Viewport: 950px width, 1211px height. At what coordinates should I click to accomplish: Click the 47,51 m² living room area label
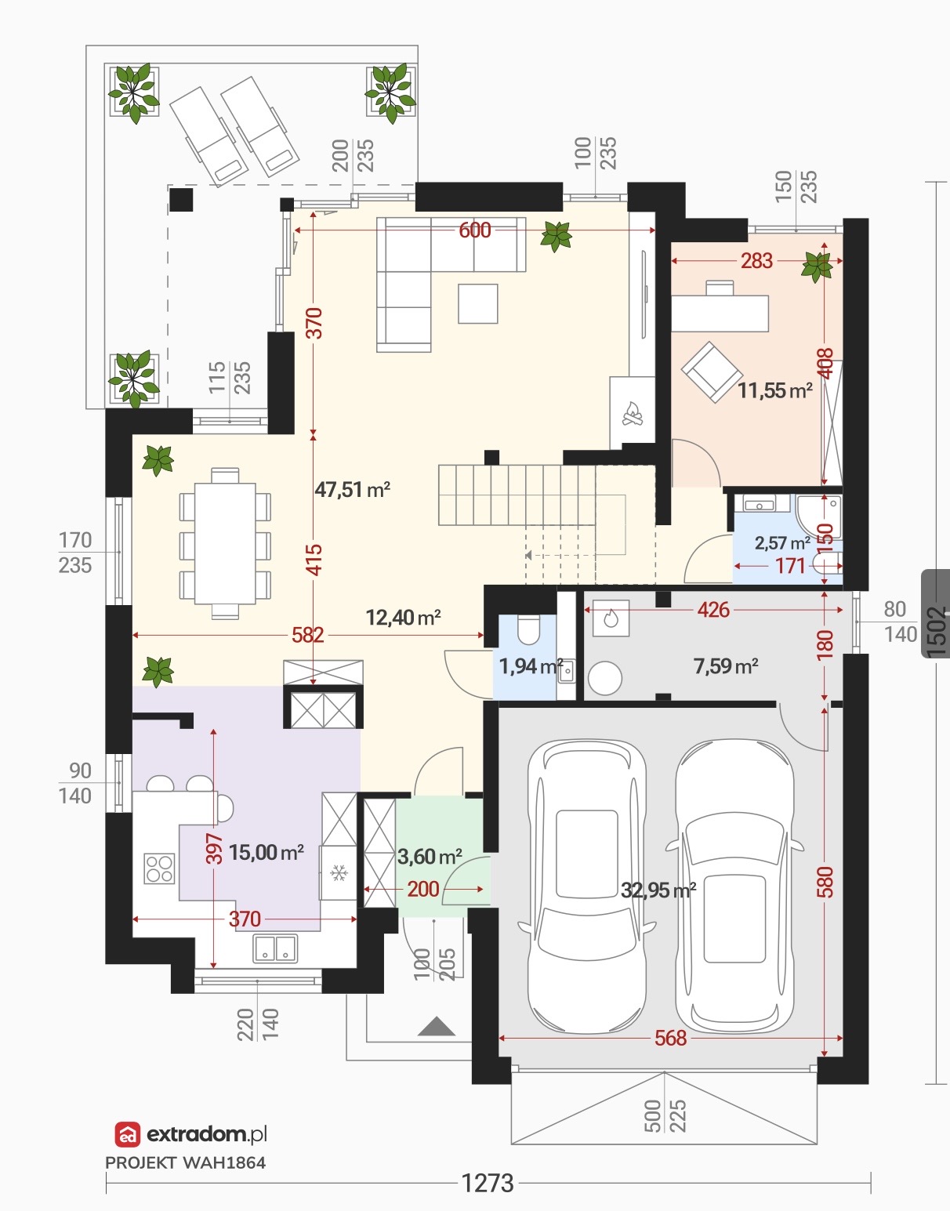click(x=352, y=490)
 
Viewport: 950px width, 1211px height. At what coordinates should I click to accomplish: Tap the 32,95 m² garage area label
click(x=658, y=890)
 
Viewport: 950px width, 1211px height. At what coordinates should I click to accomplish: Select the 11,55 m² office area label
click(x=775, y=390)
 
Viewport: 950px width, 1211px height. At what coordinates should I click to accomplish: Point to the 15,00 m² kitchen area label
click(x=267, y=852)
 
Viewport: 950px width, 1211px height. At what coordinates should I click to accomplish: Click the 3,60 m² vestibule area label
click(x=430, y=857)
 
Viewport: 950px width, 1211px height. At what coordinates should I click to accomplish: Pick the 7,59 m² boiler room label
click(x=726, y=666)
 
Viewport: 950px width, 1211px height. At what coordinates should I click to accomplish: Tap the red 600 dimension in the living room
click(x=475, y=230)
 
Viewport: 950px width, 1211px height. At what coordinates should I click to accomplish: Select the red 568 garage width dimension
click(x=670, y=1038)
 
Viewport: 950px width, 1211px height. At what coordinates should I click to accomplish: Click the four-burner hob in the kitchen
click(x=159, y=869)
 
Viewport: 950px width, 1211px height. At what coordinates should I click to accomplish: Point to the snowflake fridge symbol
click(x=339, y=872)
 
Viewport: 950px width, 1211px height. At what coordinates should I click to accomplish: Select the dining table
click(x=225, y=543)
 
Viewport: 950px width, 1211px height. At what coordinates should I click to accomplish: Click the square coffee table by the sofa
click(x=478, y=303)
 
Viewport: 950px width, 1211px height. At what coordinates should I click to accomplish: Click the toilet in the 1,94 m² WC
click(x=528, y=629)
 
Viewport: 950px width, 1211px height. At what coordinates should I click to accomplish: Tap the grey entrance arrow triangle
click(x=437, y=1026)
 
